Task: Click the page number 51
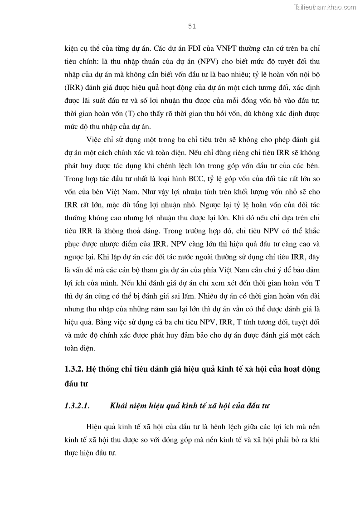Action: click(191, 27)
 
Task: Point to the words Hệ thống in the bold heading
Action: click(104, 369)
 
